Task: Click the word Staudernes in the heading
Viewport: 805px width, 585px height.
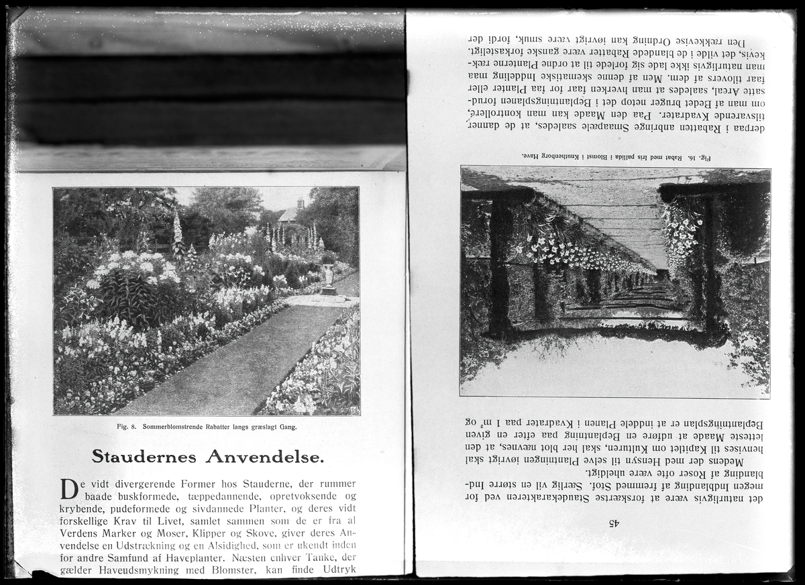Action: (144, 457)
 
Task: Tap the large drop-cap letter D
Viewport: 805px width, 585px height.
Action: (69, 488)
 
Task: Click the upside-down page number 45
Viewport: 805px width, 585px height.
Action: (612, 523)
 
